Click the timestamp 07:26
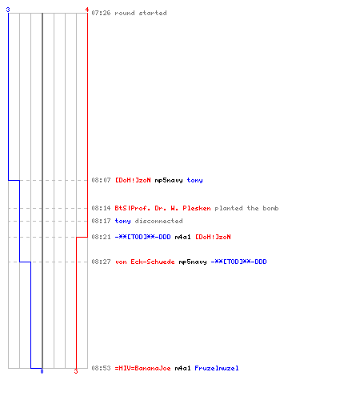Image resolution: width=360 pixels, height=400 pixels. click(x=101, y=13)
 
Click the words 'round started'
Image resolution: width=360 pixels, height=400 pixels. click(x=141, y=13)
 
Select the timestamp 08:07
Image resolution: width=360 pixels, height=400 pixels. click(x=101, y=180)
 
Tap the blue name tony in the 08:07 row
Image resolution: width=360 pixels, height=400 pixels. click(x=194, y=181)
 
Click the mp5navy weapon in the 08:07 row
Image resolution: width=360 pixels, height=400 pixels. click(x=169, y=181)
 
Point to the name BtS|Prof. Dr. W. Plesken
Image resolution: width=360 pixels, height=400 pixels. click(x=162, y=208)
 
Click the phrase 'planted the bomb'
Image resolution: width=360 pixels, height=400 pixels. click(x=246, y=208)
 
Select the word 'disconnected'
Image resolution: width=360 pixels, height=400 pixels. click(x=158, y=221)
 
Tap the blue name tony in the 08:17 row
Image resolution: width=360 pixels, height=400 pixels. click(x=122, y=221)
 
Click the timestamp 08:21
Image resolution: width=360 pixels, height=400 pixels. click(x=101, y=237)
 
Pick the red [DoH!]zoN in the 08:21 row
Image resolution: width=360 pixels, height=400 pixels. click(x=213, y=237)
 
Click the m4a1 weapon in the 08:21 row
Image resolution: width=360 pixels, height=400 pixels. click(x=183, y=237)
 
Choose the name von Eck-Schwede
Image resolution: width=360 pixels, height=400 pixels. click(x=145, y=262)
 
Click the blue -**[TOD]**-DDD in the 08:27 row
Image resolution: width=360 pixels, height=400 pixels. click(x=239, y=262)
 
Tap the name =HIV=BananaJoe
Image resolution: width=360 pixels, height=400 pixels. click(x=143, y=368)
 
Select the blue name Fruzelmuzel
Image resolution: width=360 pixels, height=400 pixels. click(x=217, y=368)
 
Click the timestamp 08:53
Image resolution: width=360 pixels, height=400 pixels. click(x=101, y=368)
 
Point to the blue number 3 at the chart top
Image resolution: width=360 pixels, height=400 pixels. click(x=8, y=10)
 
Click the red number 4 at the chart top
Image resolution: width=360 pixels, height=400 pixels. click(x=87, y=10)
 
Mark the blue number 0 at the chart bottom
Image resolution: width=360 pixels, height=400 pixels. click(x=42, y=371)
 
